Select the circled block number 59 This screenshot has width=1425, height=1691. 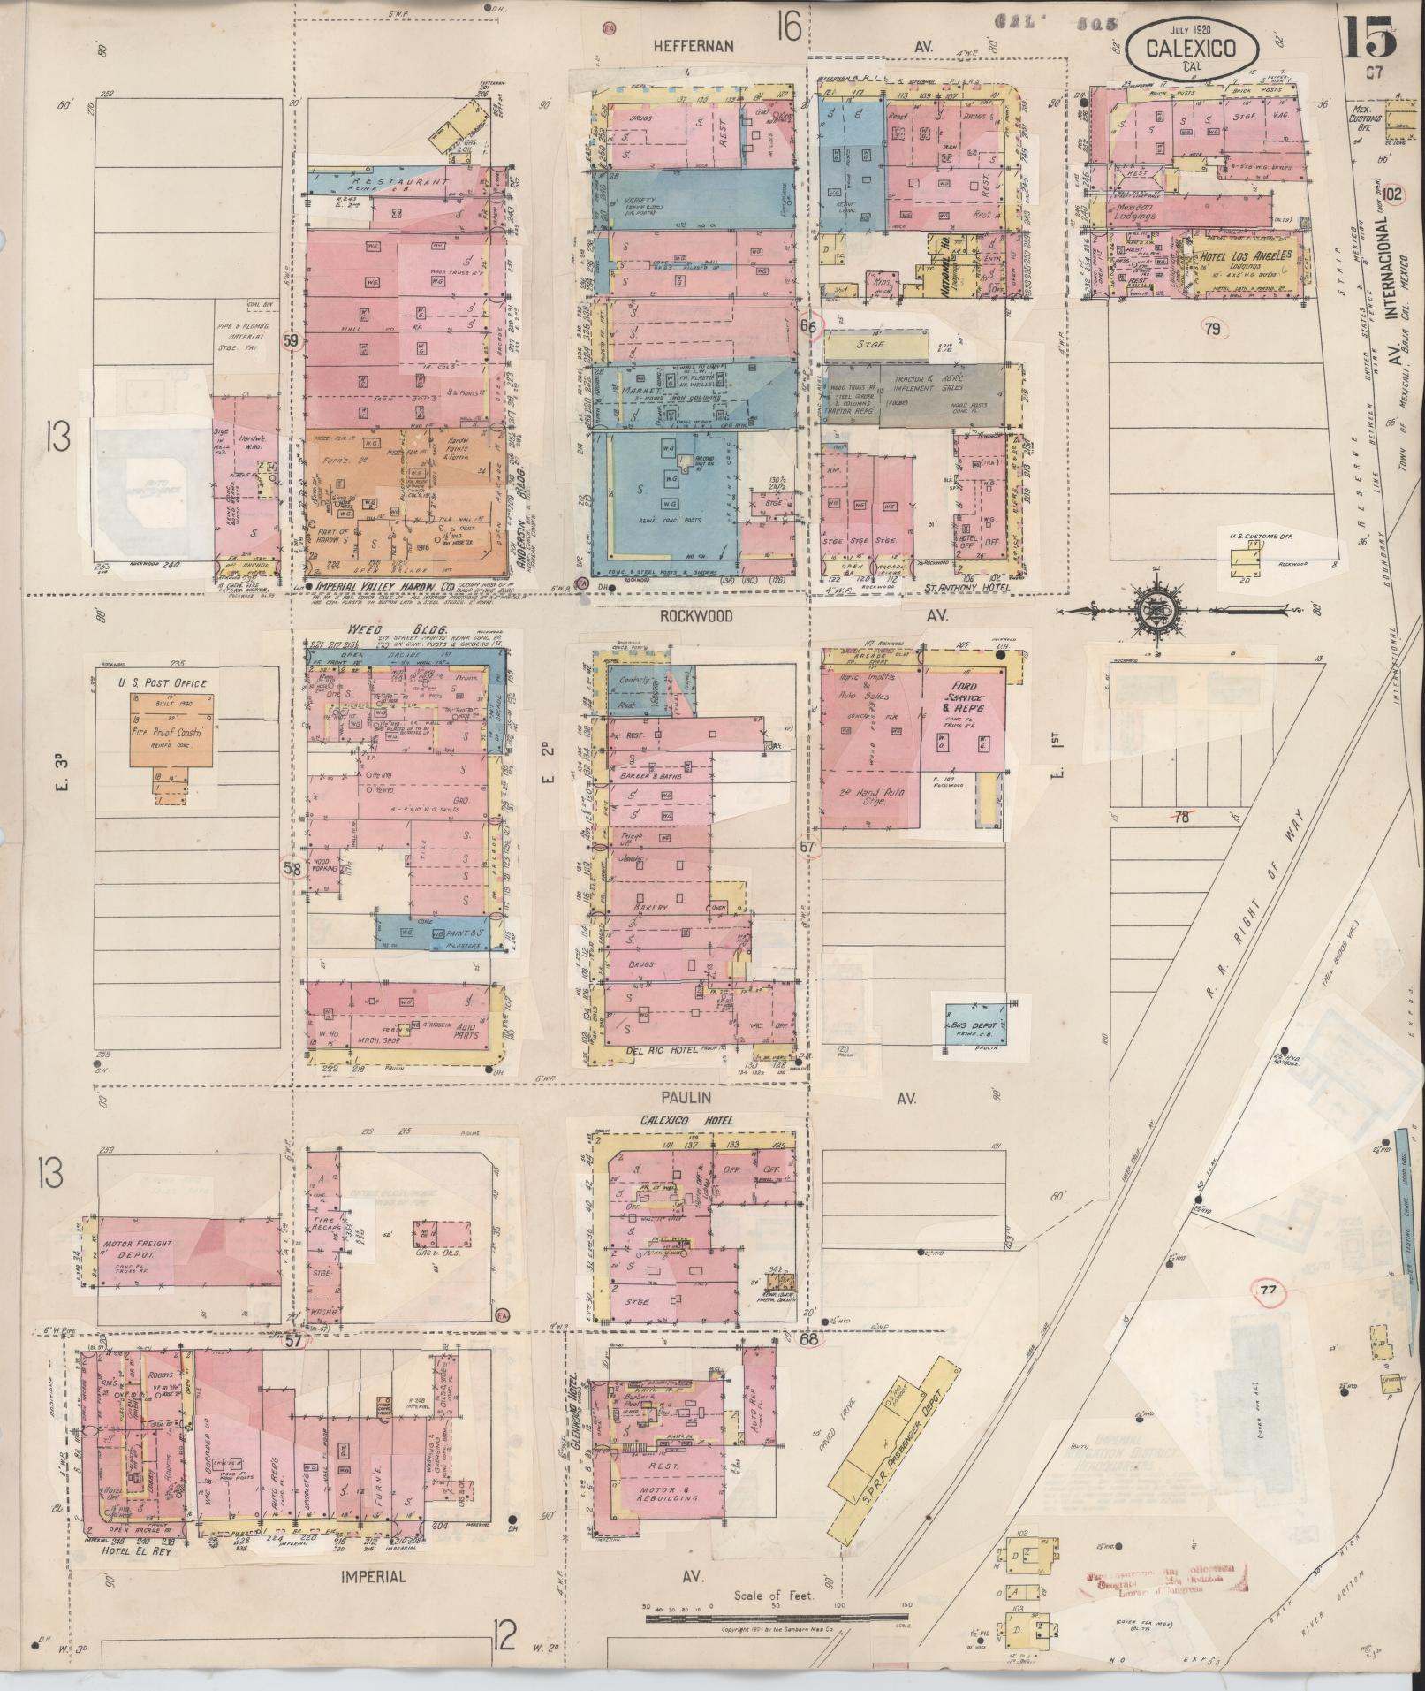[292, 339]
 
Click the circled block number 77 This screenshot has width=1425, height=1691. [1269, 1291]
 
